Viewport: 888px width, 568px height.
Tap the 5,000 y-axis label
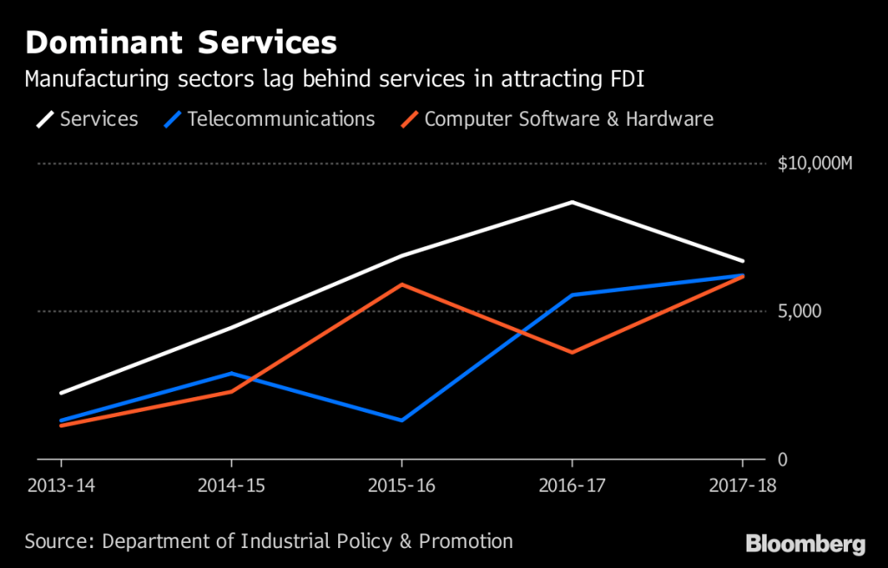coord(795,311)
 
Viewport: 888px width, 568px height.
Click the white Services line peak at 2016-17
coord(571,202)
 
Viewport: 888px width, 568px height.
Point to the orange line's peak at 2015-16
coord(402,284)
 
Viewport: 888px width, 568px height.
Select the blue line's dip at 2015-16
coord(402,421)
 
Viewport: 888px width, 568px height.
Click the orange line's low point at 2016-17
coord(571,352)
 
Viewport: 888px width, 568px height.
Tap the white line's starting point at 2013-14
coord(61,393)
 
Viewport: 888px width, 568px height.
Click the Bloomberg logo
coord(806,544)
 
